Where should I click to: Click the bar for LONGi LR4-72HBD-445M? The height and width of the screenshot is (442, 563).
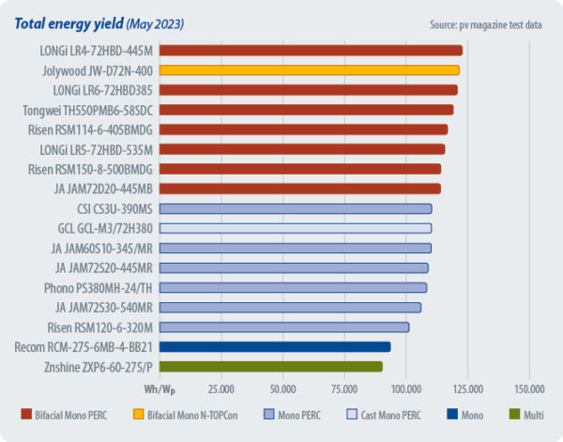tap(310, 50)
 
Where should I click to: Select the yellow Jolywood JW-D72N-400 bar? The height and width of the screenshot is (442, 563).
tap(309, 69)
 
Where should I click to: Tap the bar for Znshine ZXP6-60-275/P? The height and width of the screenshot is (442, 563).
tap(270, 366)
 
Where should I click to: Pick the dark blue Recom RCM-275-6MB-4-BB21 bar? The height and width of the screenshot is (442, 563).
tap(274, 346)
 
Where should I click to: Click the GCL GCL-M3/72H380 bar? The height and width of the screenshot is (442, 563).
tap(295, 228)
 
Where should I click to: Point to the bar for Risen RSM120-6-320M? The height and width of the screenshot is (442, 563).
tap(283, 327)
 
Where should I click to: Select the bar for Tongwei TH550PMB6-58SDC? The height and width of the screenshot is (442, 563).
tap(306, 110)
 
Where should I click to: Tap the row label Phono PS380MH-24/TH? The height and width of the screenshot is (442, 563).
tap(98, 287)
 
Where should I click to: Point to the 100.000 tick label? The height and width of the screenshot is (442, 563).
tap(405, 388)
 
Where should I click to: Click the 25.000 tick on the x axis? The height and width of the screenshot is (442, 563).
tap(221, 388)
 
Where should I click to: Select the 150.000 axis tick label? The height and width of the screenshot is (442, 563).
tap(529, 388)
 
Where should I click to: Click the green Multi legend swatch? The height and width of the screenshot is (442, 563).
tap(513, 414)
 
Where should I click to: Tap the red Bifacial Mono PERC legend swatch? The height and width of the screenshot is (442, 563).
tap(27, 414)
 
